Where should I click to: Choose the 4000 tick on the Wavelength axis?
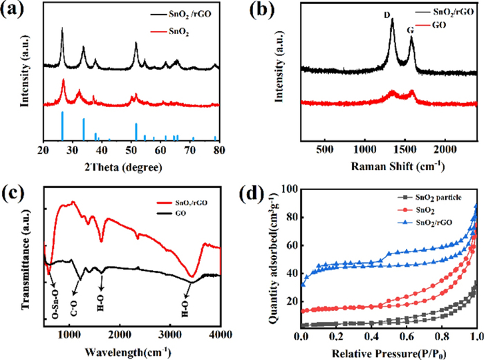[219, 334]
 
